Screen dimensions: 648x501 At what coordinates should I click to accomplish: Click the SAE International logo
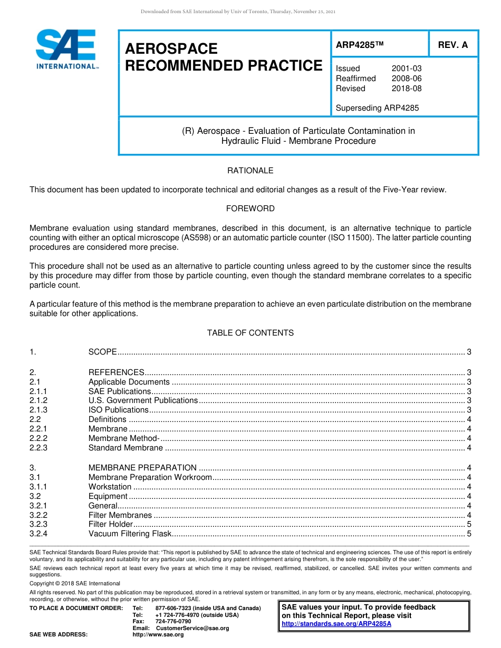pos(66,50)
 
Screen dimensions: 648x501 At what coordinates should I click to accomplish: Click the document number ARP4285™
pos(359,45)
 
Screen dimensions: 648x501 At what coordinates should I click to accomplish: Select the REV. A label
pos(453,45)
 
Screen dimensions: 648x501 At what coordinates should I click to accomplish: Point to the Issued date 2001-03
pos(407,68)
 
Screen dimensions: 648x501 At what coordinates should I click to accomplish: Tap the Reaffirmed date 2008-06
pos(407,78)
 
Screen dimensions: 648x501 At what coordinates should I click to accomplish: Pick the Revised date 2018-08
pos(407,89)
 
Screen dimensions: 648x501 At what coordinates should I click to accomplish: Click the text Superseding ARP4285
pos(377,108)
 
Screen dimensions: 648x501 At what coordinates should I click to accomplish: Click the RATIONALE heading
pos(250,171)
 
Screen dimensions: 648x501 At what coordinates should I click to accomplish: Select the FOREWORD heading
pos(250,209)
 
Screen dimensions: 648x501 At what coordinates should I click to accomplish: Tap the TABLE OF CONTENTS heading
pos(250,333)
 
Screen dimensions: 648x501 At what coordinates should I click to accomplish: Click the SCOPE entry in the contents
pos(103,352)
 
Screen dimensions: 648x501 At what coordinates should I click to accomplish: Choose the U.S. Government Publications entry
pos(143,400)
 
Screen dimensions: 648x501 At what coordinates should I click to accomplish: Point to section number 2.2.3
pos(38,448)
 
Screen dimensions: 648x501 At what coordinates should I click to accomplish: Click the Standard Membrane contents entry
pos(126,448)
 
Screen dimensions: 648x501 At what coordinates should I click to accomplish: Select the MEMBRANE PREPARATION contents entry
pos(142,468)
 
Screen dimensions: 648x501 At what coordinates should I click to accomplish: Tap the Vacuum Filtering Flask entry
pos(130,534)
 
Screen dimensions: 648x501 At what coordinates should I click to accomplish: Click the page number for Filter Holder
pos(469,524)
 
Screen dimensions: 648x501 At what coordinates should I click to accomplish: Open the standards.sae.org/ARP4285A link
pos(336,624)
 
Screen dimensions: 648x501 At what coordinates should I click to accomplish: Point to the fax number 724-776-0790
pos(173,621)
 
